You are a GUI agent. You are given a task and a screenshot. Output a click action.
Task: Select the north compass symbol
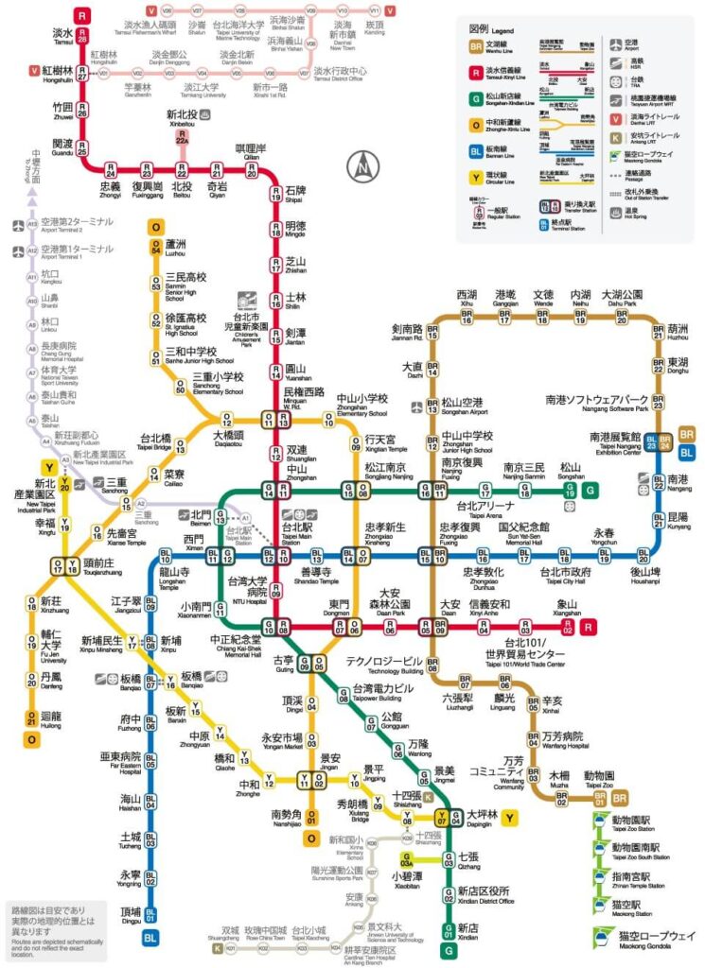point(362,167)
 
